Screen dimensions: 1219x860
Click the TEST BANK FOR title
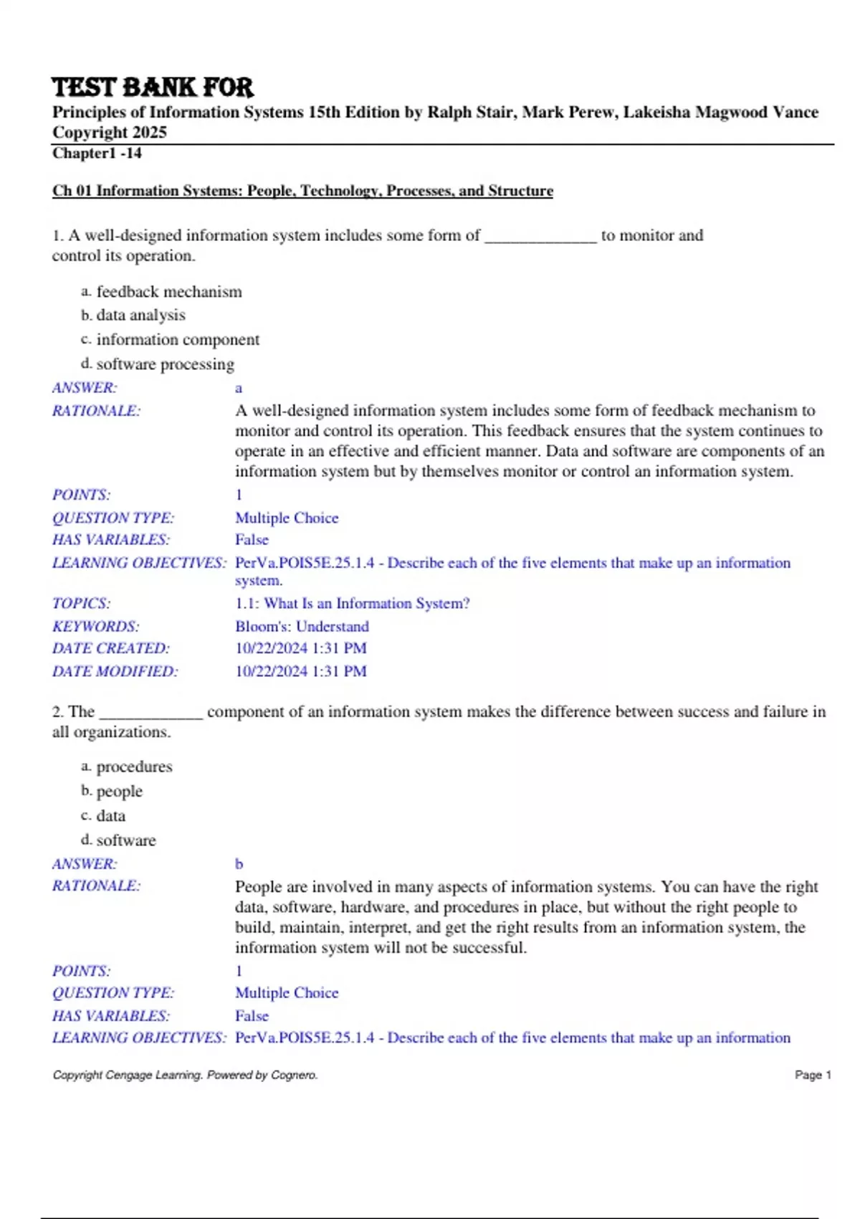[152, 87]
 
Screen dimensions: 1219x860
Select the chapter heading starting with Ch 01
[302, 191]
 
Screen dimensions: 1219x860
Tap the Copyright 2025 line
[109, 133]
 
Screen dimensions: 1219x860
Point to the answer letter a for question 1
[239, 388]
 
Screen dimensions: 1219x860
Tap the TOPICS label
[81, 604]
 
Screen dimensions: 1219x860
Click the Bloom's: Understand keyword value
[302, 627]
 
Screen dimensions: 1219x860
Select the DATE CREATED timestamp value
[300, 648]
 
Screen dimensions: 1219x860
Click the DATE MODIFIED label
[115, 672]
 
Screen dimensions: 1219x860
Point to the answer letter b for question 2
[239, 864]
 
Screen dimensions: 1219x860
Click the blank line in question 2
[151, 713]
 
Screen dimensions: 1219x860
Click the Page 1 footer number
[813, 1075]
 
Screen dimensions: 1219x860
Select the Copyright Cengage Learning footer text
[185, 1075]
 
